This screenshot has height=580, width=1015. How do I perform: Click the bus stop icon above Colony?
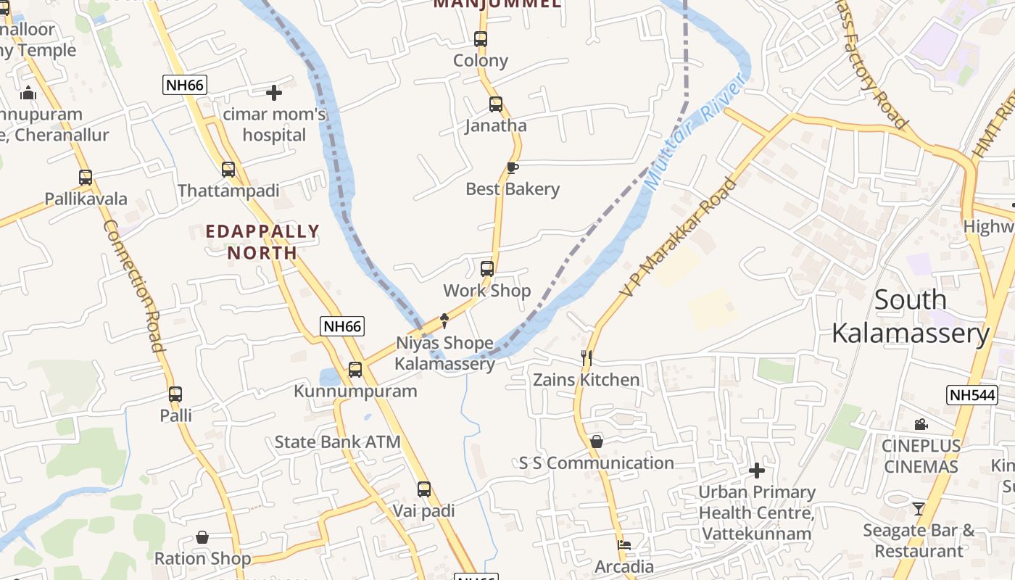(480, 39)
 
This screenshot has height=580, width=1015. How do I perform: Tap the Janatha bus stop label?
(496, 125)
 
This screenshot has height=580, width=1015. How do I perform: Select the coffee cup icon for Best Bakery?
(513, 168)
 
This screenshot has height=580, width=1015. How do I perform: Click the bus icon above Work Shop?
(487, 269)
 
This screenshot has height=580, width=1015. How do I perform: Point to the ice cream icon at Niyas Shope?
(445, 320)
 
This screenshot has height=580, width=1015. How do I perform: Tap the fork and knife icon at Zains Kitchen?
(587, 357)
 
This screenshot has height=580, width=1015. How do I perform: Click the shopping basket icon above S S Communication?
(596, 442)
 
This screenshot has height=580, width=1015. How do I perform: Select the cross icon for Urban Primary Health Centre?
(756, 471)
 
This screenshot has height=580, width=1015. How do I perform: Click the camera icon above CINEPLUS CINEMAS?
(921, 424)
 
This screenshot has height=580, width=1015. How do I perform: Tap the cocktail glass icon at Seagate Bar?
(919, 509)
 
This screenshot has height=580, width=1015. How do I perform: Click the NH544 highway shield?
(972, 395)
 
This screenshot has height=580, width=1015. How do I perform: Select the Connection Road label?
(134, 286)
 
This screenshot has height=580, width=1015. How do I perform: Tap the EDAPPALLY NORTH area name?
(262, 242)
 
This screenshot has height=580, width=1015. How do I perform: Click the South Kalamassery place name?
(910, 317)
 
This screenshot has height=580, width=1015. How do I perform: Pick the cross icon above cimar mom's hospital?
(274, 93)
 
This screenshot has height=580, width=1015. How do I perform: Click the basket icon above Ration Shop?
(202, 537)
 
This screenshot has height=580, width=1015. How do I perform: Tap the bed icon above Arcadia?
(623, 545)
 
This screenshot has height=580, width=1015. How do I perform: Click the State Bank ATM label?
(337, 442)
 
